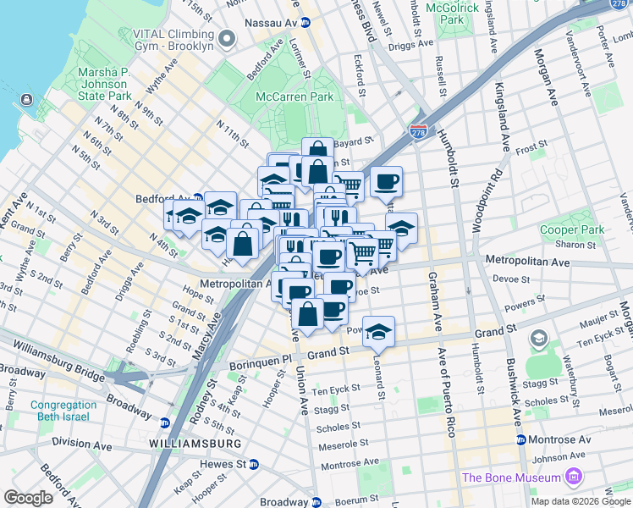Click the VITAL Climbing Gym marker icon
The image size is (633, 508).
(x=226, y=38)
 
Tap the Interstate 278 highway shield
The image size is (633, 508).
(x=418, y=132)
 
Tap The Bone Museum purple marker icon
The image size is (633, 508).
(x=575, y=478)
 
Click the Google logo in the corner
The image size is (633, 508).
(x=28, y=498)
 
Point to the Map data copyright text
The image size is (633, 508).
(x=581, y=501)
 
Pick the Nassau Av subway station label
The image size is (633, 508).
(x=271, y=21)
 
